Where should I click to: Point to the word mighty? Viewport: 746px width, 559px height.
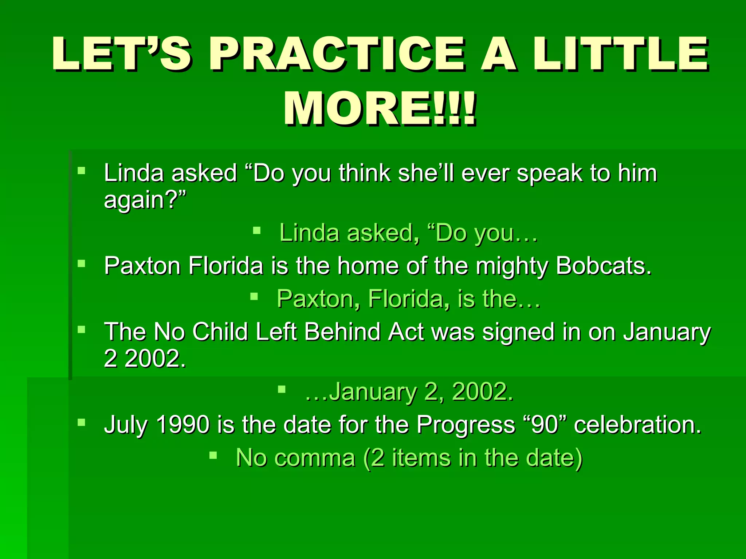point(512,266)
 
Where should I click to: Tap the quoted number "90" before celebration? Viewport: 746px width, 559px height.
point(545,424)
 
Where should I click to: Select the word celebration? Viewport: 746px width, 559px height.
point(637,424)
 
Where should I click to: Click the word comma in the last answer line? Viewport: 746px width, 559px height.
point(315,458)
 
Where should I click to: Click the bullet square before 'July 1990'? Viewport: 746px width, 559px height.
point(81,422)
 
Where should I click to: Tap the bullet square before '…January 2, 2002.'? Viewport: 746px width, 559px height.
point(282,389)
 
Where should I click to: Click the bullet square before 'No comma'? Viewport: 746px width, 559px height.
point(213,455)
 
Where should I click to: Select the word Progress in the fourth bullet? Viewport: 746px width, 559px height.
point(466,424)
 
